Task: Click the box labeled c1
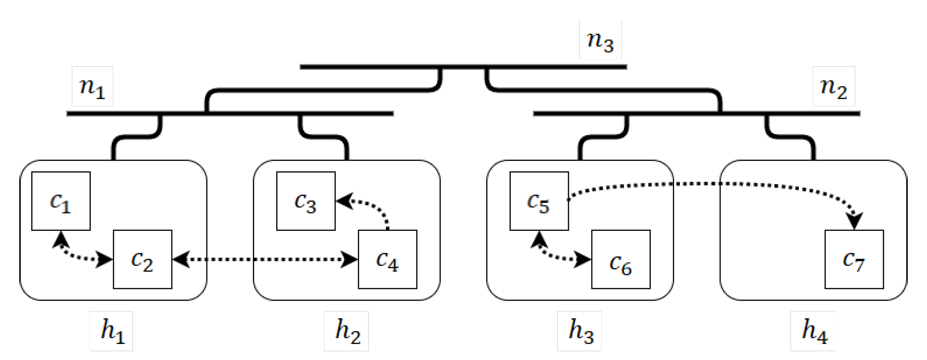click(x=61, y=201)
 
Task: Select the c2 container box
click(x=143, y=259)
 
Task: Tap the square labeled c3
click(x=306, y=201)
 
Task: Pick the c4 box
click(x=387, y=259)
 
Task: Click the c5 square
click(x=539, y=201)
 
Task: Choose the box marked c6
click(x=621, y=259)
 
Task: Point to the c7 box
click(x=854, y=259)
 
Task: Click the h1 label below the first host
click(x=111, y=331)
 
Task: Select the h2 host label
click(x=346, y=331)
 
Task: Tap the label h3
click(x=579, y=331)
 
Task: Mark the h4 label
click(x=813, y=331)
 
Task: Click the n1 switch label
click(x=92, y=86)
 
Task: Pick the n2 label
click(x=833, y=86)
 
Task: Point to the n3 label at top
click(x=600, y=39)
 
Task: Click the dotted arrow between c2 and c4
click(x=265, y=260)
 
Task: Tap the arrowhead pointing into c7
click(x=854, y=221)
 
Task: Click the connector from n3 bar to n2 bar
click(x=602, y=90)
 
